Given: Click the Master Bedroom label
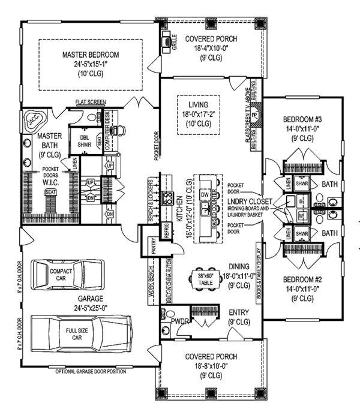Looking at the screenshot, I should click(x=91, y=55).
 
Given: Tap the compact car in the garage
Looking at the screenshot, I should click(x=57, y=276).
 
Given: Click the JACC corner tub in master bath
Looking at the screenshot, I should click(x=31, y=120).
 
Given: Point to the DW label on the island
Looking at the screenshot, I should click(x=205, y=194).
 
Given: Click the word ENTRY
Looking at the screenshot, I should click(x=240, y=312).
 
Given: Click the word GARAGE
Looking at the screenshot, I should click(x=91, y=298).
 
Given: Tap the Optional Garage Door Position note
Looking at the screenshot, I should click(x=91, y=372).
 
